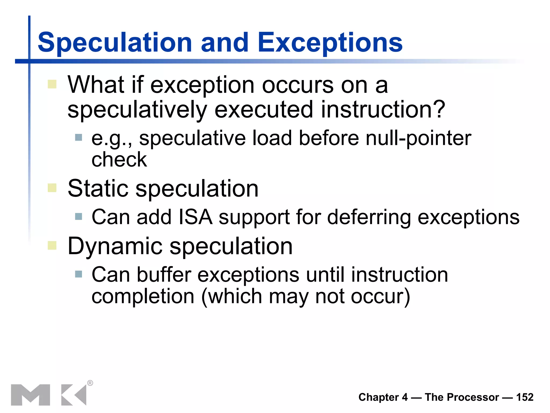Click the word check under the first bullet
(119, 159)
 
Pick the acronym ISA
(195, 217)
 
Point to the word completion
(143, 297)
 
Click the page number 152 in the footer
(524, 397)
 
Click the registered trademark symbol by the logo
(90, 383)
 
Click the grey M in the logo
(30, 395)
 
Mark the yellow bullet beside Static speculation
(52, 188)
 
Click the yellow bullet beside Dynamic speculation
(52, 245)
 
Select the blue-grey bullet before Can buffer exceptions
(78, 274)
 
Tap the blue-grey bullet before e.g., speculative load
(78, 138)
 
